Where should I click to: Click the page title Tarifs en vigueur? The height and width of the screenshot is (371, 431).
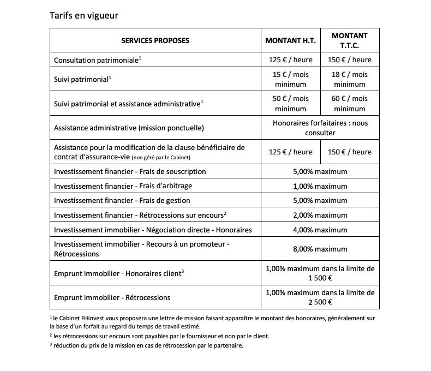click(83, 15)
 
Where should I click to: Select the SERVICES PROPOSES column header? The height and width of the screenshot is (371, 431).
click(155, 41)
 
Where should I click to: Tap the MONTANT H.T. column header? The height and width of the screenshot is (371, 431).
click(290, 41)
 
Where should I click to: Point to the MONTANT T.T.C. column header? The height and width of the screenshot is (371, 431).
click(350, 41)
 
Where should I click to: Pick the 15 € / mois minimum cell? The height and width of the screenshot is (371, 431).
click(290, 79)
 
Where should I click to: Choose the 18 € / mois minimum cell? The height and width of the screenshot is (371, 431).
click(350, 79)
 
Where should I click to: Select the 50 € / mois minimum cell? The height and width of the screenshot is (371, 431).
click(290, 104)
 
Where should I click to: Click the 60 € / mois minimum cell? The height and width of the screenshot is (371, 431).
click(350, 104)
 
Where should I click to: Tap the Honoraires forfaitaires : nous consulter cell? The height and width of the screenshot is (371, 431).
click(320, 128)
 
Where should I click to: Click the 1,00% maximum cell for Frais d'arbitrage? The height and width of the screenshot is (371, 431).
click(320, 186)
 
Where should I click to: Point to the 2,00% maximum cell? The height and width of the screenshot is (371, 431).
click(320, 215)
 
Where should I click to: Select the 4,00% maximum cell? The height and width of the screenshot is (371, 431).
click(320, 230)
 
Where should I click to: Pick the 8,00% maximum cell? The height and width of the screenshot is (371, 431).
click(320, 249)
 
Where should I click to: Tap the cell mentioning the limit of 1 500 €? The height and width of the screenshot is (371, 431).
click(320, 273)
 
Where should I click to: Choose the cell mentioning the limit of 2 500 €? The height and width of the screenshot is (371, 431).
click(320, 297)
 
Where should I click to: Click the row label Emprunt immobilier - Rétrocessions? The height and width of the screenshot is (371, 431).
click(112, 298)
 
